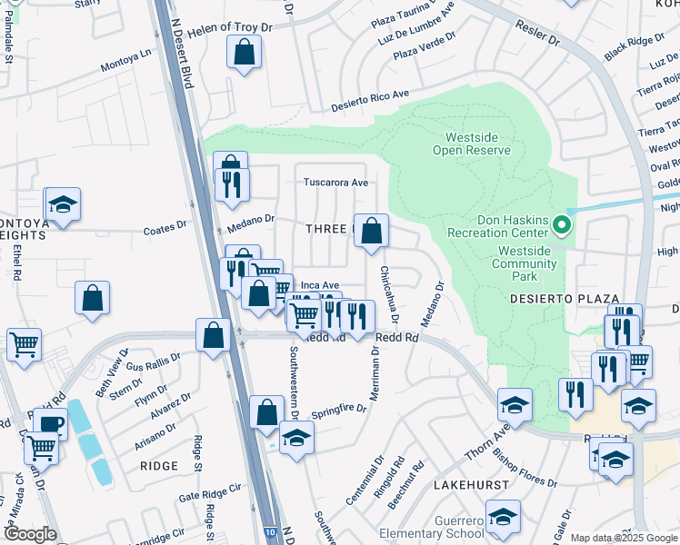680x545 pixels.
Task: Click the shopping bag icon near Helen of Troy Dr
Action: [245, 55]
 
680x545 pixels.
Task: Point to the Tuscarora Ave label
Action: [335, 182]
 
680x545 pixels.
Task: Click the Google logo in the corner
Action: [30, 534]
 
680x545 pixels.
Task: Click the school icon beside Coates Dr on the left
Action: [63, 204]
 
